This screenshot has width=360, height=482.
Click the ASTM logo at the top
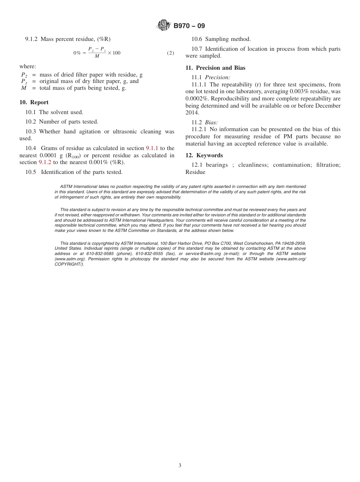(163, 26)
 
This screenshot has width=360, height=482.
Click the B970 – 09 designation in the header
(189, 26)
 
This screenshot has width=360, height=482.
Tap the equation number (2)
(171, 53)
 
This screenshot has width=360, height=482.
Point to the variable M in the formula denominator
(97, 56)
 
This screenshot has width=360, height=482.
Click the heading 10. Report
(34, 102)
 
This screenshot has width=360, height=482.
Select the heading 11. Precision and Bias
(215, 68)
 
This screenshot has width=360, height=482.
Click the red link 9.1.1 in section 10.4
(152, 148)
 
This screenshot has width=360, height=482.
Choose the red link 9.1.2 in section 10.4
(45, 162)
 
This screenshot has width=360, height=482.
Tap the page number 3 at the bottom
(180, 466)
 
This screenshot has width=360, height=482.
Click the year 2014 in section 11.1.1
(192, 113)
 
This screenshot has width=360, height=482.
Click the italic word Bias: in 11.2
(211, 122)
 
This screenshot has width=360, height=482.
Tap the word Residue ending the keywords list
(196, 172)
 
